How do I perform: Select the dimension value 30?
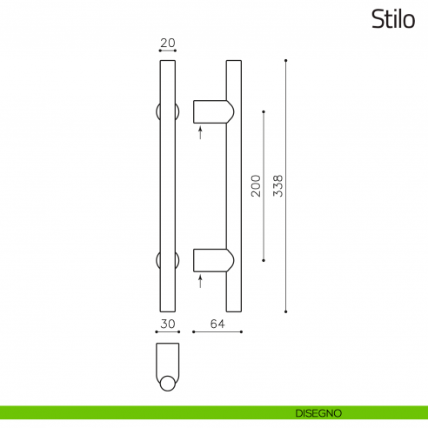coord(169,324)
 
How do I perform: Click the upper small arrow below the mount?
coord(200,133)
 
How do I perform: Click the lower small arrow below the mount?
coord(200,281)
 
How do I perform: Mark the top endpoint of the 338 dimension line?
coord(286,61)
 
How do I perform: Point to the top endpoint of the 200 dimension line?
coord(264,111)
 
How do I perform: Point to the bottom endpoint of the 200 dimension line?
coord(264,259)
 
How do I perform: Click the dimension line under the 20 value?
coord(169,50)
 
